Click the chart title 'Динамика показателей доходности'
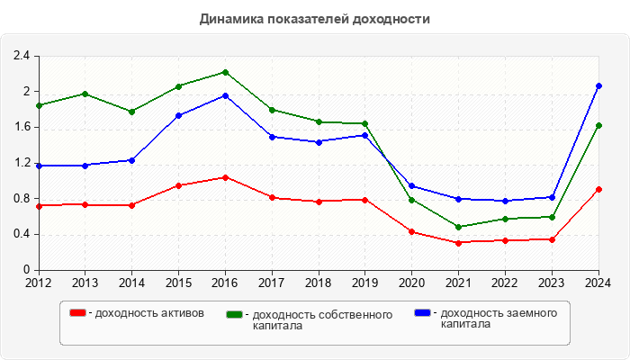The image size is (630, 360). pos(314,19)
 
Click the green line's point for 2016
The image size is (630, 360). pos(225,72)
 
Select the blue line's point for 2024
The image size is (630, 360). pos(598,85)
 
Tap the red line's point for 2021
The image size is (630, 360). pos(458,243)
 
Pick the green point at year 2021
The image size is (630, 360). pos(458,227)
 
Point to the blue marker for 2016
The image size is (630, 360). pos(225,95)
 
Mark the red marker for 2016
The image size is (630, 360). pos(225,177)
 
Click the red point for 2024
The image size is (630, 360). pos(598,190)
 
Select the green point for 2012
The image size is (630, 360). pos(39,105)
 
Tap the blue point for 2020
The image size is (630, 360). pos(412,186)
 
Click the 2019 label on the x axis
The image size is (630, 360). pos(365,283)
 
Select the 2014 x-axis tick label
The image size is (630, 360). pos(132,283)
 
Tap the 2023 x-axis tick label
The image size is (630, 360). pos(552,283)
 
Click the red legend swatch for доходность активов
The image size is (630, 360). pos(78,313)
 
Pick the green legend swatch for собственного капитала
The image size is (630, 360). pos(236,314)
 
